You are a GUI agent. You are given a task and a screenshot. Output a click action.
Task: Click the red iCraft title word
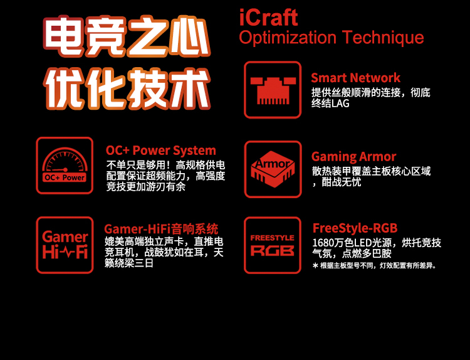(x=268, y=18)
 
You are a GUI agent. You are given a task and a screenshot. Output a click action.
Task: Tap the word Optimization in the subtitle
(x=288, y=38)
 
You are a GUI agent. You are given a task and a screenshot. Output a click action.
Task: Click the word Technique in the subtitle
(x=383, y=38)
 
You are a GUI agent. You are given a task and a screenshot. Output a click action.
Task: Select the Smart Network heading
(x=355, y=78)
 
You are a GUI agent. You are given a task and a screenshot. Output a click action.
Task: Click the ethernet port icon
(x=273, y=90)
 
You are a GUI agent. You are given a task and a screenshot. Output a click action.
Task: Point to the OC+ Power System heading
(x=160, y=151)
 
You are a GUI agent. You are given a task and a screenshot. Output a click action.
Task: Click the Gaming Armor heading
(x=353, y=157)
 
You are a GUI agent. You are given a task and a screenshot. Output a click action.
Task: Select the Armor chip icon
(x=273, y=169)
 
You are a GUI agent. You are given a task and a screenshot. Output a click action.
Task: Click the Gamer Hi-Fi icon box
(x=65, y=245)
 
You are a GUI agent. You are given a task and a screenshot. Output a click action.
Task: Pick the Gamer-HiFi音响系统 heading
(x=161, y=229)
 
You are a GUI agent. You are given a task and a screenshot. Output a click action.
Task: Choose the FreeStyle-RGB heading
(x=355, y=228)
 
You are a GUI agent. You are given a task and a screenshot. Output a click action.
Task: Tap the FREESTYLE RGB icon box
(x=273, y=245)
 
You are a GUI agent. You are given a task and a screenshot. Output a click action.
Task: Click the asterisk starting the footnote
(x=315, y=265)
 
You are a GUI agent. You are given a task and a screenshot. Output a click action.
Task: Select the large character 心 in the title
(x=189, y=36)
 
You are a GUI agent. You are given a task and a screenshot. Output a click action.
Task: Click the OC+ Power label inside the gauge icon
(x=65, y=177)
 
